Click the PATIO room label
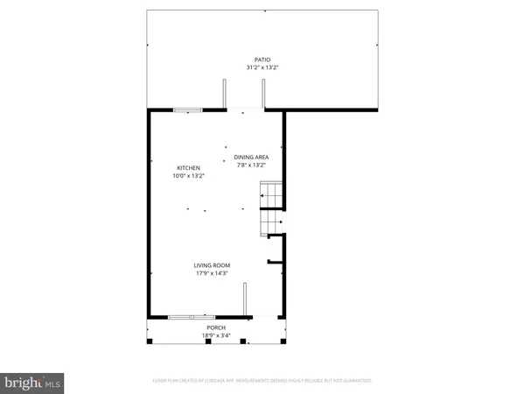[x=262, y=60]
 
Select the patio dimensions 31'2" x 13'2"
[x=262, y=67]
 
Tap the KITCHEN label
[x=189, y=168]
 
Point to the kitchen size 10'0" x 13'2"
[x=189, y=176]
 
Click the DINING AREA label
[x=249, y=157]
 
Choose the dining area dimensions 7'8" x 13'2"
[x=249, y=165]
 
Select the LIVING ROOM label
[x=213, y=265]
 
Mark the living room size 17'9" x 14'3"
[x=213, y=273]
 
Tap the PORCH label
[x=214, y=327]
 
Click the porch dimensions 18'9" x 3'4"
[x=214, y=335]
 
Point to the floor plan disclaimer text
[x=262, y=381]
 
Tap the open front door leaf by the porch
[x=244, y=299]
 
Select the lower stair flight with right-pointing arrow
[x=270, y=224]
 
